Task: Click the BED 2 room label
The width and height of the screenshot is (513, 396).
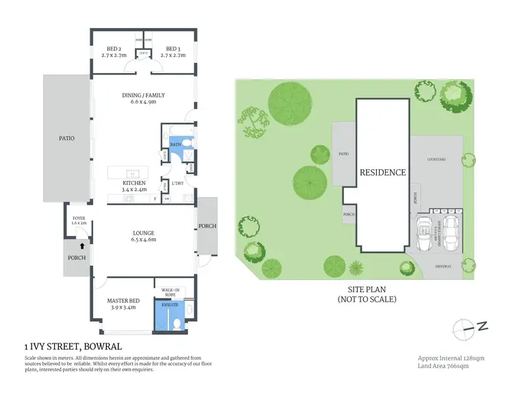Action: click(114, 48)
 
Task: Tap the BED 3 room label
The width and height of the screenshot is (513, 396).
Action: click(172, 48)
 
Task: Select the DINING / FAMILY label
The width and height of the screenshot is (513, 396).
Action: click(144, 95)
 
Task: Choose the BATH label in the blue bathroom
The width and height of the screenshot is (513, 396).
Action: click(175, 144)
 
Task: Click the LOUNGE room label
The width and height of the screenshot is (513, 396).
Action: click(144, 233)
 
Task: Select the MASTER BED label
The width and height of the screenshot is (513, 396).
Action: click(123, 300)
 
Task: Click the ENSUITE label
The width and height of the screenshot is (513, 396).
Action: click(170, 305)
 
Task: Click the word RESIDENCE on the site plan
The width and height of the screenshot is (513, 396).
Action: click(383, 172)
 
